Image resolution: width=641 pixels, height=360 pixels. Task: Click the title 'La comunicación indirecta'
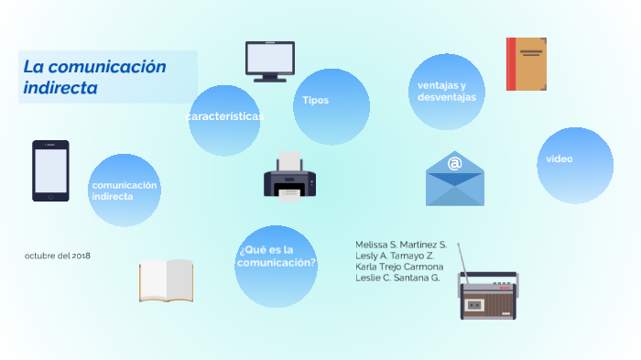(95, 77)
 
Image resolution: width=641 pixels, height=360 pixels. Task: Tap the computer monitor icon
(269, 61)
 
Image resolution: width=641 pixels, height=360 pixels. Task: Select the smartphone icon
(51, 170)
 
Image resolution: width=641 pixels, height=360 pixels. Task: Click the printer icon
(289, 176)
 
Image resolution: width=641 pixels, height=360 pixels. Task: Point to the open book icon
(166, 279)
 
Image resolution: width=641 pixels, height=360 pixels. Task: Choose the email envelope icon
(454, 179)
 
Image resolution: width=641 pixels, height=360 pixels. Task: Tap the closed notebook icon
(527, 64)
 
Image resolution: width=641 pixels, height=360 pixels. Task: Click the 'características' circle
(224, 120)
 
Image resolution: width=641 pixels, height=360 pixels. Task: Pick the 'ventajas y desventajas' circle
(447, 92)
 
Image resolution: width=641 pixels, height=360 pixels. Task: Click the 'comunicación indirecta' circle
(125, 191)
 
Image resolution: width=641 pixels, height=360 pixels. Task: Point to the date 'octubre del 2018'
(58, 256)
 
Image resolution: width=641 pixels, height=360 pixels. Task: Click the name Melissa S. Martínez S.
(401, 245)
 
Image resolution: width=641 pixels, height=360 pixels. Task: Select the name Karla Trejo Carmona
(399, 267)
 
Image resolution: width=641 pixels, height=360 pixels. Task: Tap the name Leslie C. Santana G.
(397, 278)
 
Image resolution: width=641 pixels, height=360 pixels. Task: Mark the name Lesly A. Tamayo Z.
(395, 256)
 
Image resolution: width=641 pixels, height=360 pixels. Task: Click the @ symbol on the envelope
(454, 164)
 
